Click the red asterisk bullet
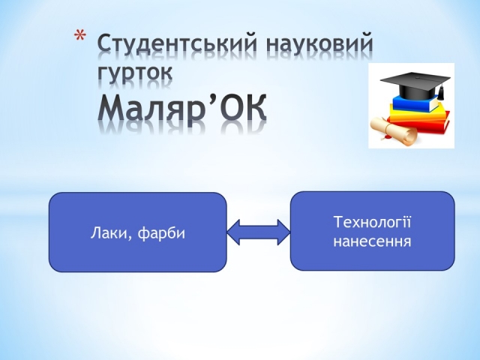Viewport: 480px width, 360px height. (x=79, y=35)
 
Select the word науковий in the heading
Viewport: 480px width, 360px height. (x=319, y=44)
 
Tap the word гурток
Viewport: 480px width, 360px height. (x=135, y=73)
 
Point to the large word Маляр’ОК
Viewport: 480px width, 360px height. (x=182, y=107)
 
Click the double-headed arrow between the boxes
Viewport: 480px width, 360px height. (x=259, y=232)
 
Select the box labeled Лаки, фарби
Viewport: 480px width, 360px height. (x=138, y=232)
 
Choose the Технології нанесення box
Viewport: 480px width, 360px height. (x=372, y=231)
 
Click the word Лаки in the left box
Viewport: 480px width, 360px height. (x=109, y=233)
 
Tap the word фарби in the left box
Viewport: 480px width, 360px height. (x=161, y=233)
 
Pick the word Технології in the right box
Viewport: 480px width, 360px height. (x=372, y=222)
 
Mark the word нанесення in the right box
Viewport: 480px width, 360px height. (x=372, y=241)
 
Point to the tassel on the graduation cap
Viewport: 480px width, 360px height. (x=441, y=92)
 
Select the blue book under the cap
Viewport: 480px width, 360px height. (x=415, y=104)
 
